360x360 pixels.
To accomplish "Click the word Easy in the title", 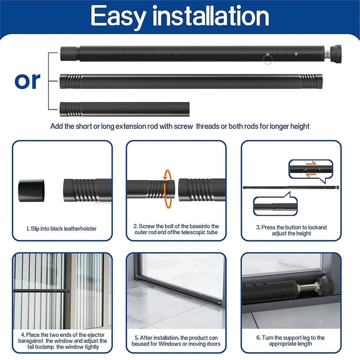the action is click(118, 17).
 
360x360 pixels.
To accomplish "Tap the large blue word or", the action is click(27, 81).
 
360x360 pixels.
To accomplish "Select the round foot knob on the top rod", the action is click(336, 54).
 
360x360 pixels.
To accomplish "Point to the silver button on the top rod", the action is click(296, 54).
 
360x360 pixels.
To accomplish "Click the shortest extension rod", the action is click(124, 109).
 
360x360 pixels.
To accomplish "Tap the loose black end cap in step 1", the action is click(31, 191).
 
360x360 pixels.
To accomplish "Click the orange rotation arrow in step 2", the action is click(167, 189).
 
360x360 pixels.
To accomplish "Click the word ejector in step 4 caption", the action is click(95, 335).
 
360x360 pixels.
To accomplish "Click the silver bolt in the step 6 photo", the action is click(307, 289).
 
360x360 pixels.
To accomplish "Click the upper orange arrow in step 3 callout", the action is click(311, 163).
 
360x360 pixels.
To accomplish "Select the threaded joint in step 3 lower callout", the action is click(277, 207).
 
